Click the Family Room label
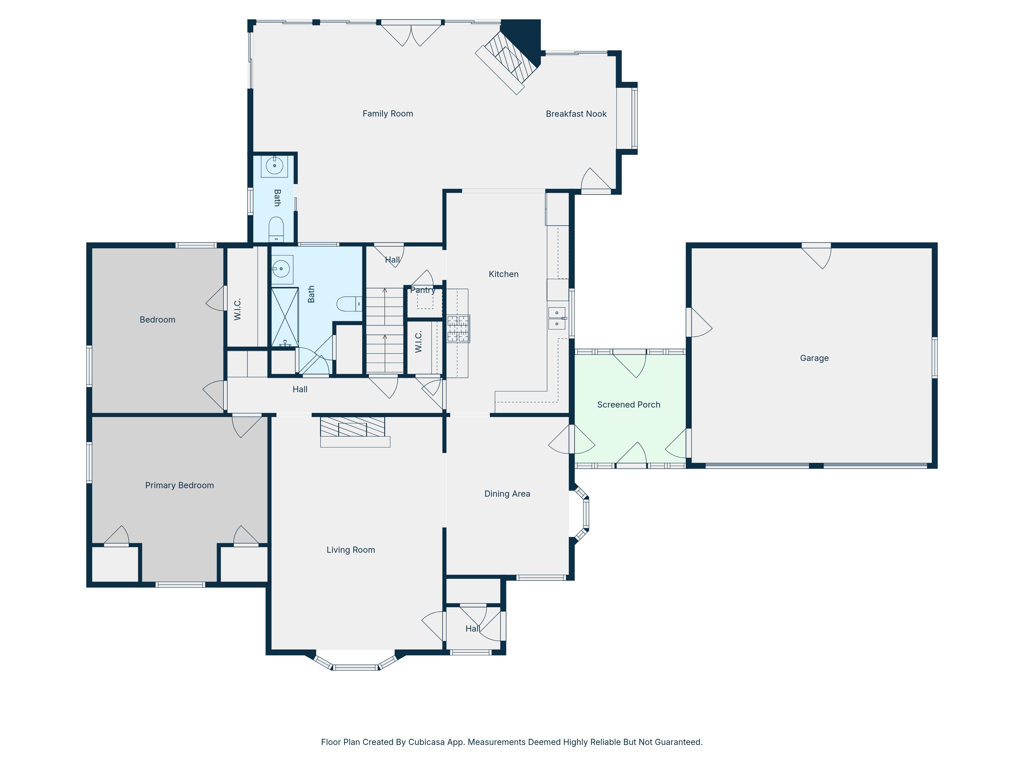tap(388, 113)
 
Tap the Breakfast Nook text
tap(576, 114)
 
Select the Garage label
tap(814, 358)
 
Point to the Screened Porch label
tap(629, 404)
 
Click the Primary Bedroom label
tap(180, 485)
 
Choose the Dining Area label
tap(507, 494)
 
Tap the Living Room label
tap(351, 549)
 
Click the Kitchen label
tap(504, 274)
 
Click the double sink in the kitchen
tap(557, 318)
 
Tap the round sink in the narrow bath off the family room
tap(274, 166)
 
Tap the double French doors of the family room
tap(411, 33)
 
